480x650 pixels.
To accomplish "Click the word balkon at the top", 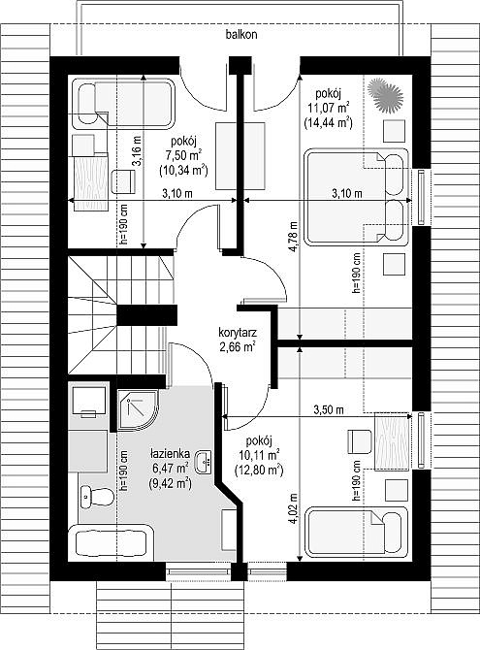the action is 241,34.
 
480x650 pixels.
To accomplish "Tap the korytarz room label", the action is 238,333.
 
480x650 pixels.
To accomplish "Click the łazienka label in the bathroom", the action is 171,454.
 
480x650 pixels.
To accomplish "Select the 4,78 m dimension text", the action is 294,237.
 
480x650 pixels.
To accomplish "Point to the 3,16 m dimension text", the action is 137,151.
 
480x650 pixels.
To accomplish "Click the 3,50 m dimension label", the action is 329,410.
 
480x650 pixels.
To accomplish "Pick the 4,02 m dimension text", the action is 294,509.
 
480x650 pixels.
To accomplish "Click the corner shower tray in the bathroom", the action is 138,409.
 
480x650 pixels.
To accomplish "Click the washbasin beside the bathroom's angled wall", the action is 205,462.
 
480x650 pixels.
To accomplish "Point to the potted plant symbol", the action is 386,95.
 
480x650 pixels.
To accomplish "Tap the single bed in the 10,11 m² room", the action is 357,532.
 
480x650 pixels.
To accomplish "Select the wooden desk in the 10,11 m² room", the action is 392,441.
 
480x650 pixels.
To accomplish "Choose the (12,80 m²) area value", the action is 259,470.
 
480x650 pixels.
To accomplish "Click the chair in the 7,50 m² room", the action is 123,181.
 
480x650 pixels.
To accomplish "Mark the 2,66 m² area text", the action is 238,346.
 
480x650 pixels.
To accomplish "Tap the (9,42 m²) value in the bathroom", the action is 171,482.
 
